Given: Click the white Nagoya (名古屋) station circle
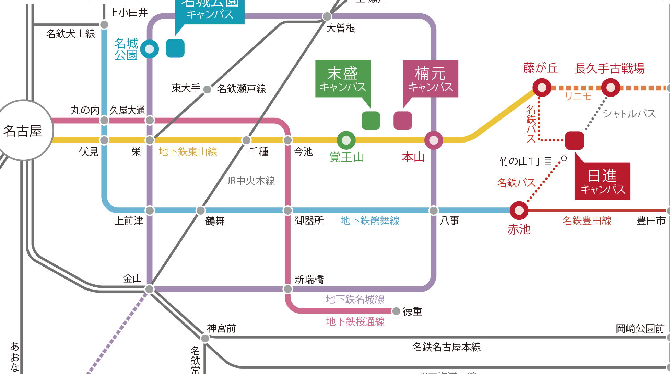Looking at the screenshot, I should click(23, 131).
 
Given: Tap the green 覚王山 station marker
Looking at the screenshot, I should click(346, 140).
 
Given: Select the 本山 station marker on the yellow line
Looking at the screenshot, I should click(434, 140).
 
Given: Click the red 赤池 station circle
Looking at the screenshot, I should click(519, 210).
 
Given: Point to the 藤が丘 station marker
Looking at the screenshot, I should click(542, 88).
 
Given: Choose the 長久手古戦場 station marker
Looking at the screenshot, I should click(611, 88).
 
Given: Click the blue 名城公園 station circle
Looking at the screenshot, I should click(150, 49).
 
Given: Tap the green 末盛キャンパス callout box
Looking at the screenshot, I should click(343, 79).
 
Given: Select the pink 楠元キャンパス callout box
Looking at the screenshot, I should click(430, 79).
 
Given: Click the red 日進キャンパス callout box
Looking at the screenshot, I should click(602, 181).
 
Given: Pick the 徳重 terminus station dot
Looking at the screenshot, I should click(396, 311).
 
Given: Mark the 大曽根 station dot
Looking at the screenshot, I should click(327, 16).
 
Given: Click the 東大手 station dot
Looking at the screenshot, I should click(207, 89).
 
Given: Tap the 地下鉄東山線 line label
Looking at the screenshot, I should click(188, 152).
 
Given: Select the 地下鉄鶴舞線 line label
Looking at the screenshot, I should click(370, 221).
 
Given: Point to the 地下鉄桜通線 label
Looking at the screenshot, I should click(355, 322).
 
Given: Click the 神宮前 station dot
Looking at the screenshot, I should click(205, 338).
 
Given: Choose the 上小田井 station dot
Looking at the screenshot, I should click(104, 24).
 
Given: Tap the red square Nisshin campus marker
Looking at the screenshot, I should click(574, 140).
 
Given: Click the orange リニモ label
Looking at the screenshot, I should click(578, 97).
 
